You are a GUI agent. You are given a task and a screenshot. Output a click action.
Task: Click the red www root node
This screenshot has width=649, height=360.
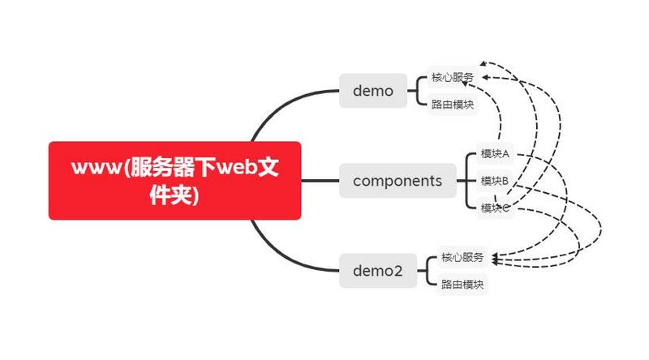click(x=174, y=180)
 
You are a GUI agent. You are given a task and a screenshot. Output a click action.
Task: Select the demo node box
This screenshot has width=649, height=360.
click(x=372, y=91)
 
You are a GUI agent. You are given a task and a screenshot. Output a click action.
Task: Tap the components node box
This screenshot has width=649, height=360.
click(x=398, y=180)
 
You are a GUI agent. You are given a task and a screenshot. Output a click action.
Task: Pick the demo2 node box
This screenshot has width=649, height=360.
click(x=377, y=271)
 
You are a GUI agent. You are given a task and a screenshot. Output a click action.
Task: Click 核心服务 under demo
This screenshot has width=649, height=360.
click(x=453, y=78)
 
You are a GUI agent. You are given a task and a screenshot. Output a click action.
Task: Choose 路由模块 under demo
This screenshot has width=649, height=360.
click(x=453, y=105)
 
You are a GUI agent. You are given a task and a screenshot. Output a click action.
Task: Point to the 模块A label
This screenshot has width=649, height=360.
click(x=494, y=153)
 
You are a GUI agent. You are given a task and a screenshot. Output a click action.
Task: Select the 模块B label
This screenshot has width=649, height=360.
click(x=494, y=180)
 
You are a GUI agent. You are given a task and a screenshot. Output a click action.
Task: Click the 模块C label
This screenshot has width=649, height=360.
click(x=494, y=208)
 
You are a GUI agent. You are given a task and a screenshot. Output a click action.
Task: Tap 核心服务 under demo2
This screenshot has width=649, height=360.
click(x=462, y=258)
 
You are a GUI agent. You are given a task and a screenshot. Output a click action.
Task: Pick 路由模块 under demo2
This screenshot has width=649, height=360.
click(x=462, y=284)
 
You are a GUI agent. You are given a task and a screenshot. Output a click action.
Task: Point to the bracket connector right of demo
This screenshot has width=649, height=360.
click(x=417, y=91)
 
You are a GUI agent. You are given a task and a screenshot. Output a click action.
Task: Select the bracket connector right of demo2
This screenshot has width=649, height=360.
click(x=428, y=271)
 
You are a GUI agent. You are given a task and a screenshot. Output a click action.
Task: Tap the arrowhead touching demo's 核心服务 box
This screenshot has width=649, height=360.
click(x=484, y=77)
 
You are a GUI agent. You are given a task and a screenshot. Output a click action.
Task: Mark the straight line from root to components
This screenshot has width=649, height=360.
click(x=320, y=180)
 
